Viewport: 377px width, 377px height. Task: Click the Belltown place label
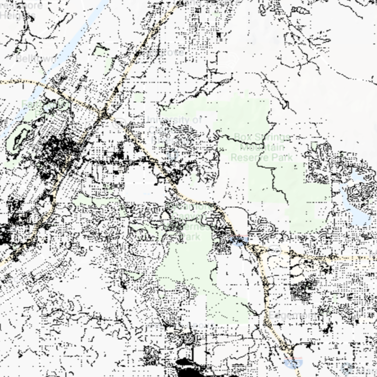(x=29, y=58)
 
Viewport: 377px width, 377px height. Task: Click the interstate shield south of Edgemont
(x=291, y=364)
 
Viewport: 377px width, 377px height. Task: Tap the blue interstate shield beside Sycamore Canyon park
(x=239, y=241)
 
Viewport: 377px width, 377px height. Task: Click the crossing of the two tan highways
(x=104, y=115)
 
